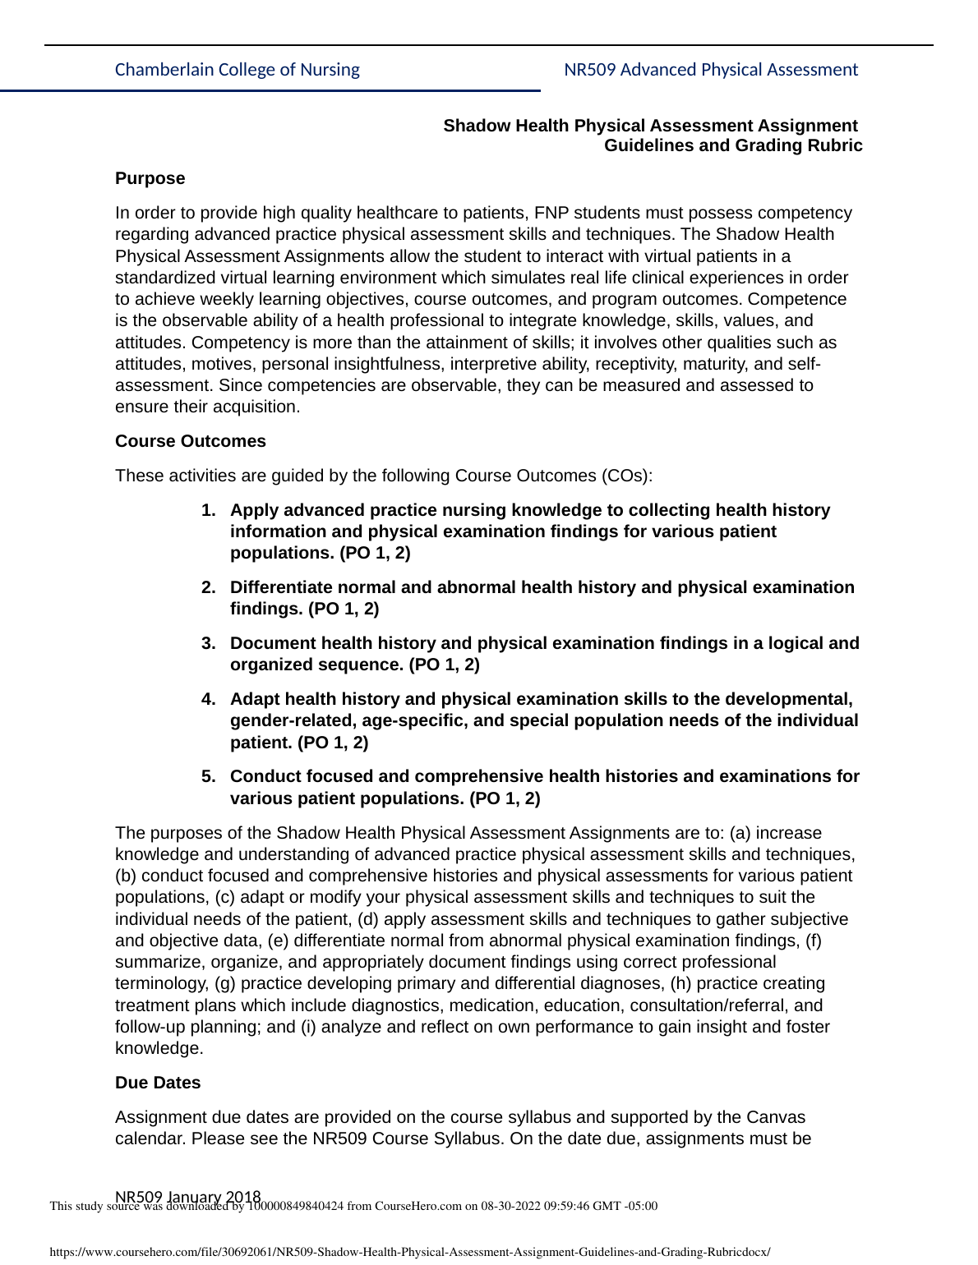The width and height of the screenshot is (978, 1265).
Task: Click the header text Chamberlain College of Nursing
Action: [x=237, y=70]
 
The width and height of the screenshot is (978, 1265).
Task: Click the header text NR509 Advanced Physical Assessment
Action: [x=710, y=70]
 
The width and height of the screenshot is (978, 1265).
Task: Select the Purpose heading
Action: [x=150, y=178]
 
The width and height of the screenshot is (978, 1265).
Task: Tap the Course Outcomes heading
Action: [x=190, y=441]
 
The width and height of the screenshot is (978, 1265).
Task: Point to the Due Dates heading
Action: [x=157, y=1083]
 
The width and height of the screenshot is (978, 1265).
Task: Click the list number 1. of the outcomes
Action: [x=209, y=510]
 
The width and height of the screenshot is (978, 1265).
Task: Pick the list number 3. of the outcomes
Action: [x=209, y=643]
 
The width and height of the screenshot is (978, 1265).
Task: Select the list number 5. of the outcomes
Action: [x=209, y=776]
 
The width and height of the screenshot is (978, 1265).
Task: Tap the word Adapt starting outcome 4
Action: [x=253, y=699]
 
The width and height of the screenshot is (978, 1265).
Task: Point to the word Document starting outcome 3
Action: [x=269, y=643]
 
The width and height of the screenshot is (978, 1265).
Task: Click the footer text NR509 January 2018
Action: [x=187, y=1197]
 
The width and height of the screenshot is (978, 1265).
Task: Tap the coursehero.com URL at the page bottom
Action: [x=409, y=1252]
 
